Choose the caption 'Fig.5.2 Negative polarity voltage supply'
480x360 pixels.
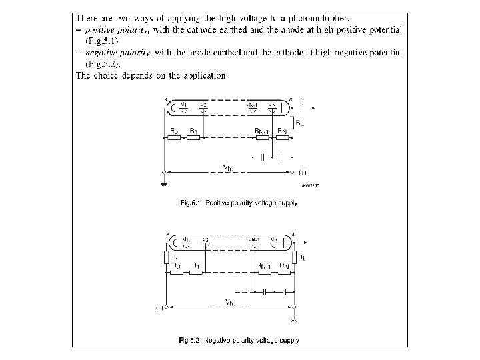coord(239,341)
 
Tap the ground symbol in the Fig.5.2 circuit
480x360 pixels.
coord(294,319)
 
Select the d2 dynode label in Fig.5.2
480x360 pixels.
coord(205,239)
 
